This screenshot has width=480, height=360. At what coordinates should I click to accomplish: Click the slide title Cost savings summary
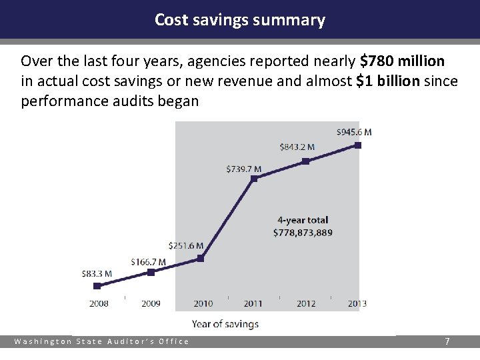point(240,20)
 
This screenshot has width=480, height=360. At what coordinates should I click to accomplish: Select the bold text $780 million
point(402,62)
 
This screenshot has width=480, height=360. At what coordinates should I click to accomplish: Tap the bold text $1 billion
point(389,82)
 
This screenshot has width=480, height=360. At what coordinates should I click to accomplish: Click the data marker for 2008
point(97,285)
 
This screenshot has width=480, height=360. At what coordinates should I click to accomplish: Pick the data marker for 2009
point(151,272)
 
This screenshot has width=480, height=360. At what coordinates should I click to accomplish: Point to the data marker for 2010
point(201,258)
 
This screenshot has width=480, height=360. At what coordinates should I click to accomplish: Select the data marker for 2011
point(253,179)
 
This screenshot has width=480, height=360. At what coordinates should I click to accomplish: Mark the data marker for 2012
point(305,161)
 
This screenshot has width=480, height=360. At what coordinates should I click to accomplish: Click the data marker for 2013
point(358,145)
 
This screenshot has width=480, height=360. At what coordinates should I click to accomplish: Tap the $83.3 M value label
point(97,273)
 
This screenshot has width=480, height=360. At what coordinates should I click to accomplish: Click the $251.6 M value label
point(186,246)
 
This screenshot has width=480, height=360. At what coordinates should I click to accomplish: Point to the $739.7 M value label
point(243,169)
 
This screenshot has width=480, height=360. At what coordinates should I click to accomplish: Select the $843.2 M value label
point(297,147)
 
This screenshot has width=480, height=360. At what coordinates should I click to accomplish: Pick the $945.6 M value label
point(354,132)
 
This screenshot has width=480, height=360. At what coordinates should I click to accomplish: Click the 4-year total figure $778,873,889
point(303,233)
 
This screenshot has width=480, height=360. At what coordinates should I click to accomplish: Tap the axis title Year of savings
point(225,324)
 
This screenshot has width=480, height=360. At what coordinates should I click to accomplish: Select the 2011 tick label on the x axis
point(253,303)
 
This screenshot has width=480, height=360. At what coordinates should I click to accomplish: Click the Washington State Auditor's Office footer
point(102,341)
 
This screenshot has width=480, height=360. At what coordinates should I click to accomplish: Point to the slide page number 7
point(447,341)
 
